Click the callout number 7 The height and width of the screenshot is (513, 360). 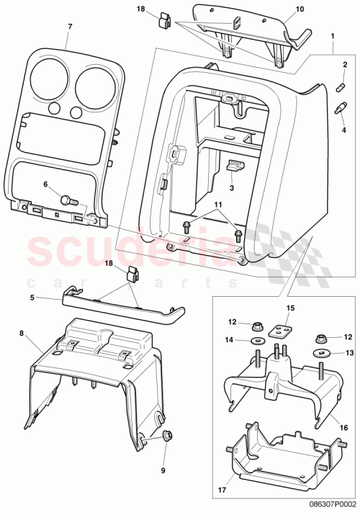click(x=70, y=27)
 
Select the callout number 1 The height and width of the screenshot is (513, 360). click(x=332, y=35)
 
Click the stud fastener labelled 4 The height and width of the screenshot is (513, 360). click(x=338, y=110)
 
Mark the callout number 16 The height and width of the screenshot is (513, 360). click(x=344, y=427)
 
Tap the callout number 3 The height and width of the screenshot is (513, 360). click(x=231, y=188)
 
